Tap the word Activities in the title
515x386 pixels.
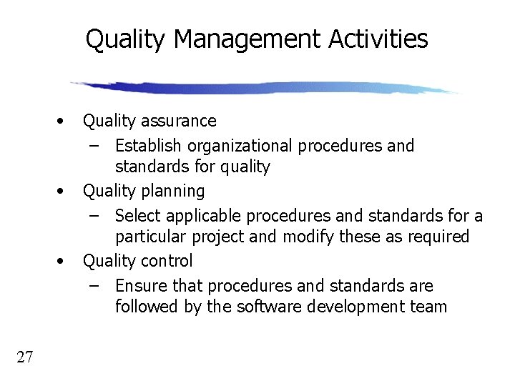pos(378,39)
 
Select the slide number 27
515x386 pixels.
pos(24,357)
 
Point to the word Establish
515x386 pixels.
pos(148,146)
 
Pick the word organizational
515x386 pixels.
pos(240,146)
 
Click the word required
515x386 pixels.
pos(437,237)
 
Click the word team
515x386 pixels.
pos(428,307)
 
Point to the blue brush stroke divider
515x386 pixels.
pos(265,87)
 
